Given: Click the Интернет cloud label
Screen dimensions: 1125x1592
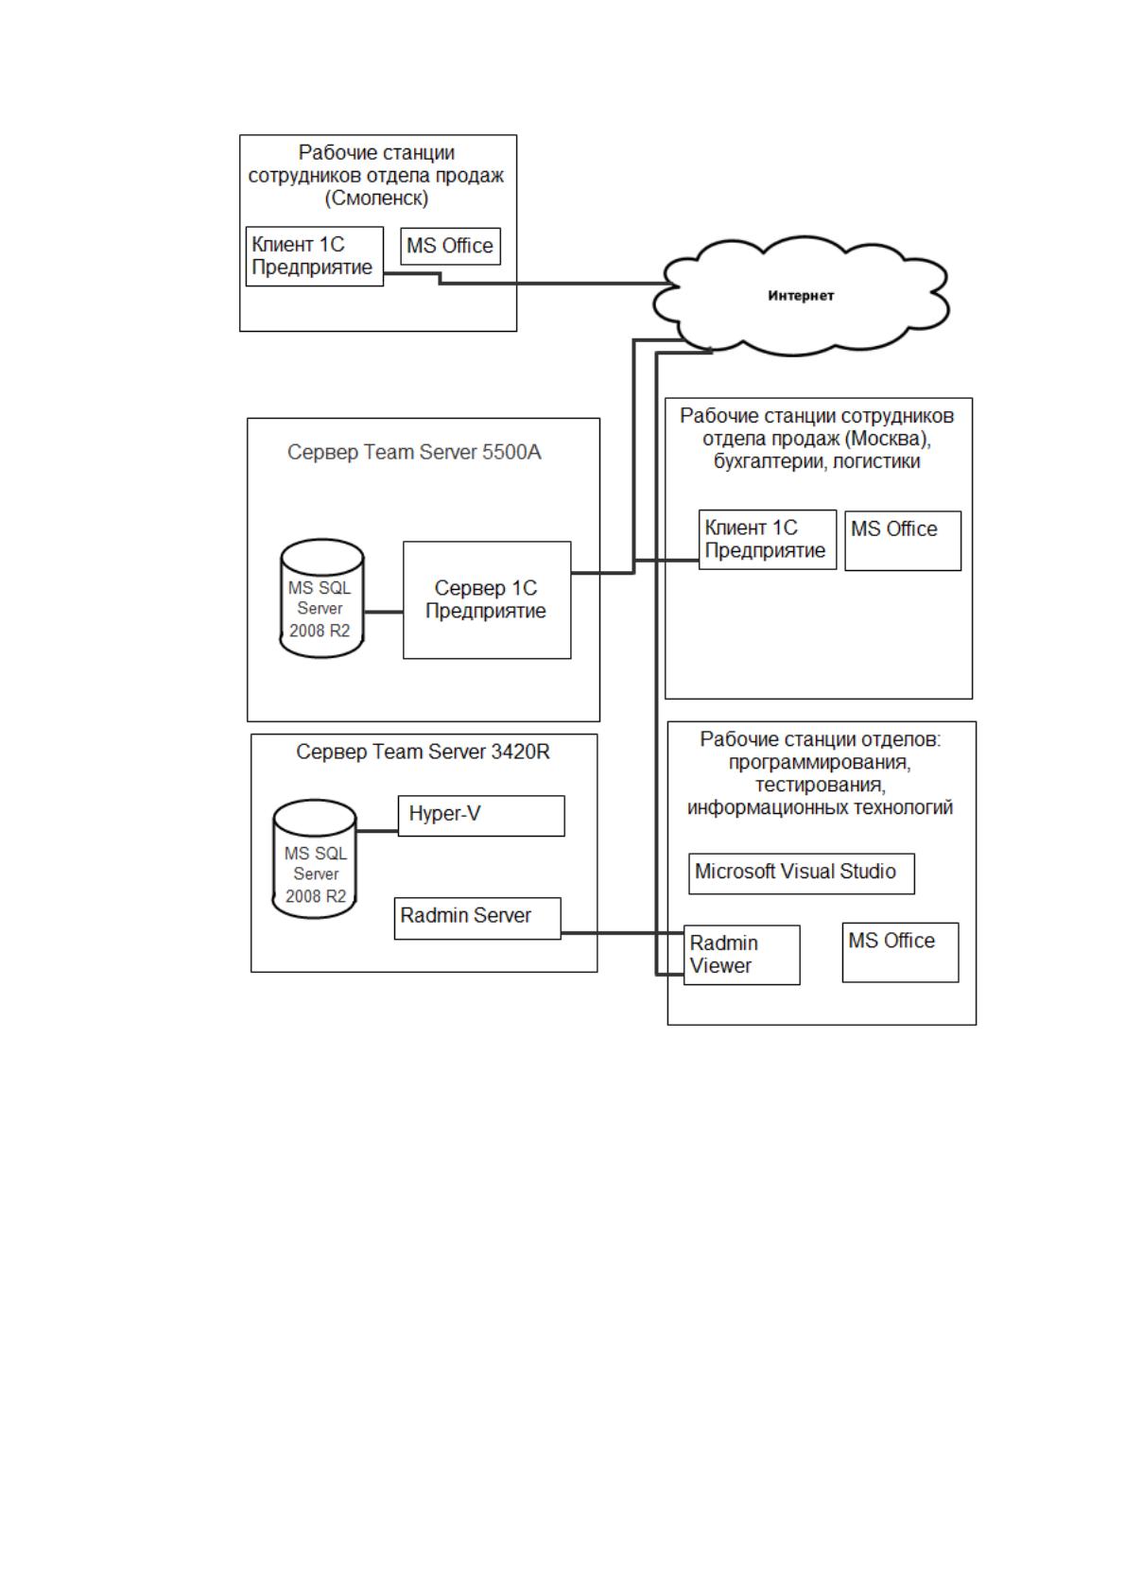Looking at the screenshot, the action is [x=800, y=296].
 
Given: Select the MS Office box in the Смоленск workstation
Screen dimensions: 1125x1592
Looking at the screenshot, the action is [x=451, y=246].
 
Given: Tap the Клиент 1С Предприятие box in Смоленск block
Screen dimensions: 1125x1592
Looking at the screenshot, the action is [x=314, y=256].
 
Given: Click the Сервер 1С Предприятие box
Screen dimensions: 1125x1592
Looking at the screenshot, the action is [x=487, y=600].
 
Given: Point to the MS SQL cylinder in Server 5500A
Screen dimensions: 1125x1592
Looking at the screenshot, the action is [x=321, y=597].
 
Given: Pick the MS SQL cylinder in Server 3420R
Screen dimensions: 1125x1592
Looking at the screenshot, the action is [x=314, y=858].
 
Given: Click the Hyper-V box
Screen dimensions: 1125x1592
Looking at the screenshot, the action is [x=481, y=816].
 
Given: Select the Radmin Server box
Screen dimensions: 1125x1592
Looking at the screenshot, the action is [x=477, y=918].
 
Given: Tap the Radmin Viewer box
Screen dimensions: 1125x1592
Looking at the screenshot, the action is [x=742, y=955].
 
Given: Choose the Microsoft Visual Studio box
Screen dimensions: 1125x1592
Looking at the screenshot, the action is [x=802, y=874].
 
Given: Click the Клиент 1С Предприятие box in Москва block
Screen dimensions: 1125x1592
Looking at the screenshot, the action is [x=768, y=540].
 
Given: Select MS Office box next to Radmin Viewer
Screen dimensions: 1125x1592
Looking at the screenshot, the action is [x=900, y=952].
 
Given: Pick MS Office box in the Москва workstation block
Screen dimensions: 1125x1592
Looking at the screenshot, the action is [x=903, y=541].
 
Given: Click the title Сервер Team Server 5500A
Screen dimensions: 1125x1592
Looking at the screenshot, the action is [x=414, y=452].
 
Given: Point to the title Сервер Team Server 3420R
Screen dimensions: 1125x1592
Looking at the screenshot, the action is [x=423, y=752].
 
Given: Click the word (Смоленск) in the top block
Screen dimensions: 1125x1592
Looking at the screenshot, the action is [x=376, y=198].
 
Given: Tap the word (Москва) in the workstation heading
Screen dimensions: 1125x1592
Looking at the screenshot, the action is [x=889, y=439].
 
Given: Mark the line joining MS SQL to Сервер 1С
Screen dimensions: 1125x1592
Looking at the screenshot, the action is [x=384, y=612].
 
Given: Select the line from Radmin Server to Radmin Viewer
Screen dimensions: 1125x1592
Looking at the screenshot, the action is [x=623, y=932].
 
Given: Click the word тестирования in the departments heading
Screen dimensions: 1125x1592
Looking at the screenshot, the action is [x=820, y=785].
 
